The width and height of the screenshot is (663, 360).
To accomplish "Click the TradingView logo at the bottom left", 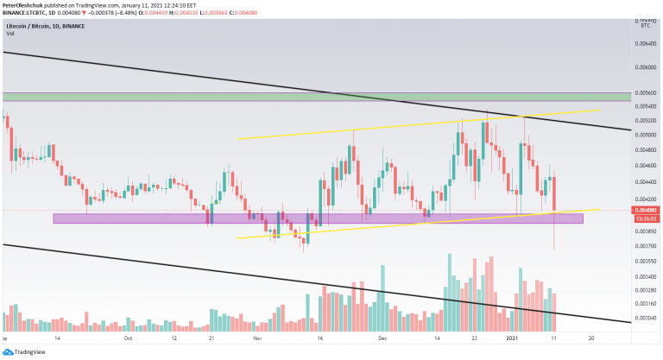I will (x=23, y=352).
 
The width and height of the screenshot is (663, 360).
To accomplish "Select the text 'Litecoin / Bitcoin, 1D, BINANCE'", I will (x=46, y=26).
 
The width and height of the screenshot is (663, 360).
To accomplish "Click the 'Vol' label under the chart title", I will (x=10, y=34).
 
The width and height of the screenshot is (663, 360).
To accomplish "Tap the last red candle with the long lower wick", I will (x=553, y=194).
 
